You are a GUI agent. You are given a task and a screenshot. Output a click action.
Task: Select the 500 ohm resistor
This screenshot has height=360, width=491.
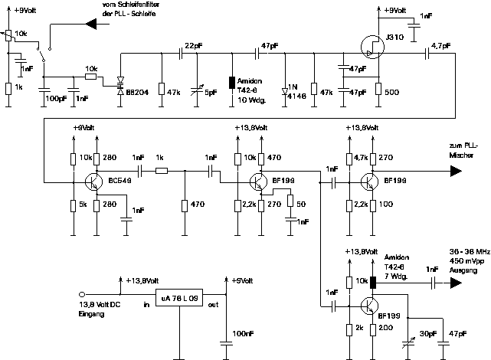tap(378, 91)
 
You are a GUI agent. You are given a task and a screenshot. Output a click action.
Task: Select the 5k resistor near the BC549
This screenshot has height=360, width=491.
tap(74, 205)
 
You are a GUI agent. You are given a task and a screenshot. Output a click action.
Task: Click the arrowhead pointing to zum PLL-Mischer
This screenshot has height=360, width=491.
tap(455, 172)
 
